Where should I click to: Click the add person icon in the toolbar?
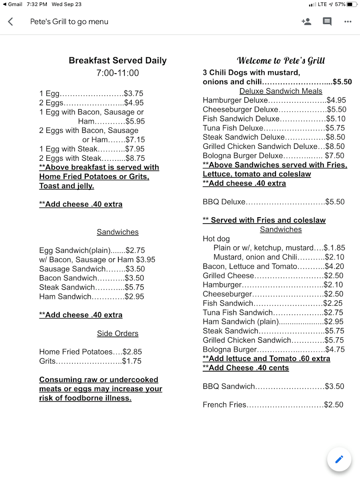click(x=306, y=22)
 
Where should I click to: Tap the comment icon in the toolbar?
click(x=327, y=22)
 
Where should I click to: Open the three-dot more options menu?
click(x=348, y=22)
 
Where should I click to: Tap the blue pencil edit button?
click(x=339, y=459)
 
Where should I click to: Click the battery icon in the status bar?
click(x=352, y=4)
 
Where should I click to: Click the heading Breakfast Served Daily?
click(x=118, y=61)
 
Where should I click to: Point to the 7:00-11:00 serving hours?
click(x=118, y=73)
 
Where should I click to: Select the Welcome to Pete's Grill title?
click(x=281, y=61)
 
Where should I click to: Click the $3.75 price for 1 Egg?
click(x=134, y=94)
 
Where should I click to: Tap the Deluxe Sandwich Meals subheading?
click(x=281, y=91)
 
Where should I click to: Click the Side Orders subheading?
click(x=118, y=334)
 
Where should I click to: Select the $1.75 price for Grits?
click(x=132, y=361)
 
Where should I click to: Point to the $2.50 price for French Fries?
click(x=334, y=405)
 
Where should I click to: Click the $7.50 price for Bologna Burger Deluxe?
click(x=335, y=156)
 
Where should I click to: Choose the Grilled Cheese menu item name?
click(x=228, y=276)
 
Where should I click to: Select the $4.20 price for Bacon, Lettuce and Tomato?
click(x=334, y=266)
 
